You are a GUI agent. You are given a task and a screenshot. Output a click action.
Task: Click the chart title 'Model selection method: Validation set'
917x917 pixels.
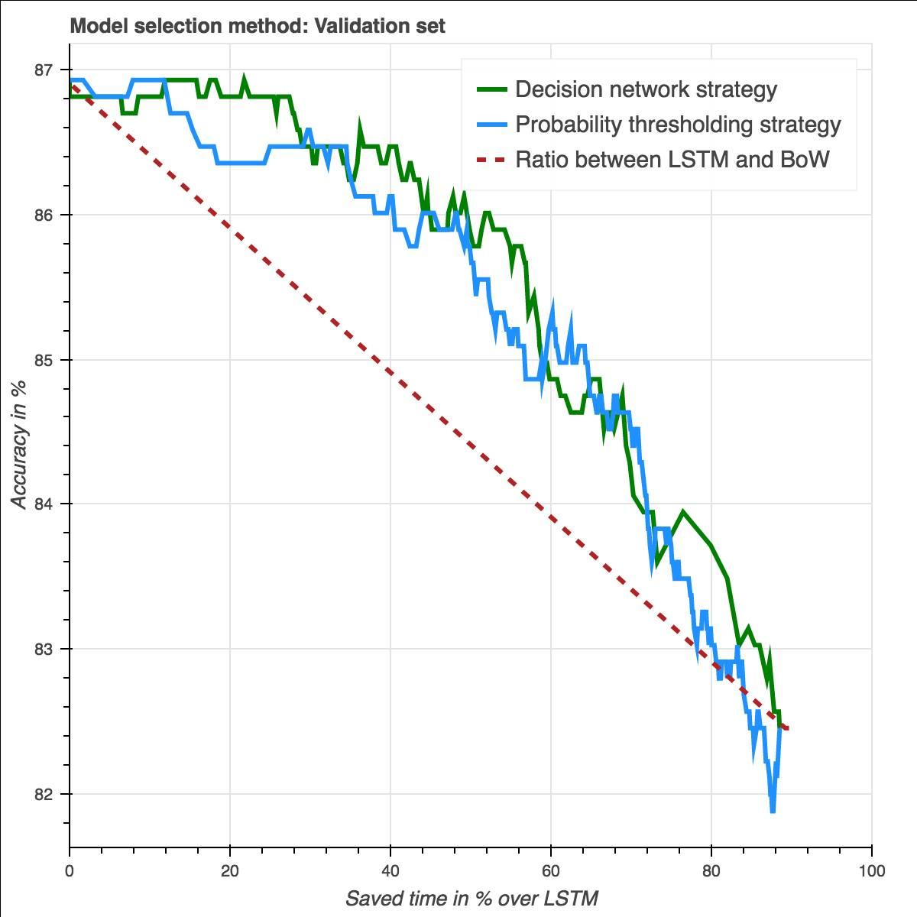(258, 27)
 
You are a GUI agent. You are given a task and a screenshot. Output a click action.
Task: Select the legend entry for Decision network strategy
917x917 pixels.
(646, 89)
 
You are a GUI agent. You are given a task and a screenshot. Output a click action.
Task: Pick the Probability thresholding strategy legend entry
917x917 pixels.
(678, 125)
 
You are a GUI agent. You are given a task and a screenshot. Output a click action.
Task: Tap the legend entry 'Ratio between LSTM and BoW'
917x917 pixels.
(672, 160)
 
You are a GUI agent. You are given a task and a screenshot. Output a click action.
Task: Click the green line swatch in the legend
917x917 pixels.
(493, 89)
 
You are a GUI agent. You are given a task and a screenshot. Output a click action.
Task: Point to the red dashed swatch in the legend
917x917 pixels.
(493, 160)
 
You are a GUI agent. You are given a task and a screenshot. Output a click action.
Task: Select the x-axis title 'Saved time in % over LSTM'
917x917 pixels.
(471, 897)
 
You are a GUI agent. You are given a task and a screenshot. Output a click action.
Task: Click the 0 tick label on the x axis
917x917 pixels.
(70, 871)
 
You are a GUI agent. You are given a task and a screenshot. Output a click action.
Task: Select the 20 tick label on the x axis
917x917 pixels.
(230, 871)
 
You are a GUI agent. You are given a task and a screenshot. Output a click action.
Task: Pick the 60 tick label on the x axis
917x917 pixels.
(551, 871)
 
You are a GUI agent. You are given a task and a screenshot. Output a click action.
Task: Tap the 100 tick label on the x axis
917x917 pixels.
(871, 871)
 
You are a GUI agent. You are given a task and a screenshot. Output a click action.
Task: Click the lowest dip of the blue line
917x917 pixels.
(773, 811)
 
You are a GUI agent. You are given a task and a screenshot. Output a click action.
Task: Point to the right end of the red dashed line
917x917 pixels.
(788, 729)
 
